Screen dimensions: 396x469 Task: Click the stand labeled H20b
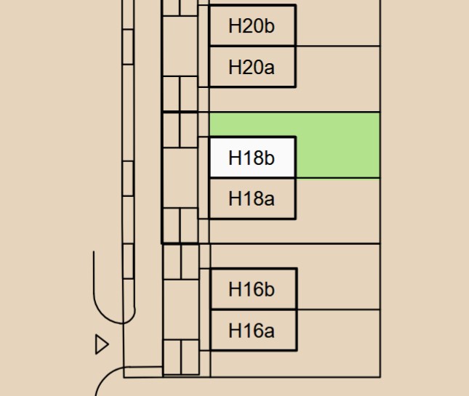pos(252,26)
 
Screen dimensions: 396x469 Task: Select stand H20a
pos(252,68)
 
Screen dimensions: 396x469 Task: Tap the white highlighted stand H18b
pos(252,158)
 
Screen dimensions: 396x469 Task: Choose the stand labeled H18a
pos(252,198)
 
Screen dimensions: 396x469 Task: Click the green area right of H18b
pos(338,145)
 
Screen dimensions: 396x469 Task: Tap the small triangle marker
pos(101,344)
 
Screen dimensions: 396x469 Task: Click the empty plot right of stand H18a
pos(337,211)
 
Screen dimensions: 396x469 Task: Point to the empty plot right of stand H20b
pos(337,22)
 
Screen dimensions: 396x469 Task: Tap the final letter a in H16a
pos(269,332)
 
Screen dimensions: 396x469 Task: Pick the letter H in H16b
pos(235,289)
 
